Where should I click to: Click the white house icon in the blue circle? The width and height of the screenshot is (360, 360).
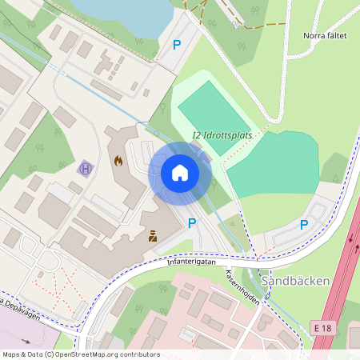[179, 173]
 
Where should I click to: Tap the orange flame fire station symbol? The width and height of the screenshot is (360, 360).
[119, 161]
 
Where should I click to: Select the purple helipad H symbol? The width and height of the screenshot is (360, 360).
[86, 169]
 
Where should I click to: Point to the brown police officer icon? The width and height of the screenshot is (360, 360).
[151, 235]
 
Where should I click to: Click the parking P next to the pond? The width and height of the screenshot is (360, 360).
[177, 44]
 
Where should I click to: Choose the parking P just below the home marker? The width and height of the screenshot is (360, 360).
[191, 223]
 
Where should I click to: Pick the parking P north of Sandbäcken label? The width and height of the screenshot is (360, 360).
[303, 225]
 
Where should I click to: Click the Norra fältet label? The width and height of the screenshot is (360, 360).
[325, 35]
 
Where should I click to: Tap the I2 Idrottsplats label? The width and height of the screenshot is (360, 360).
[222, 135]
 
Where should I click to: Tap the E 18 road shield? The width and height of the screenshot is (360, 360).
[322, 328]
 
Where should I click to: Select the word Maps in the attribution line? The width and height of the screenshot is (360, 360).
[12, 354]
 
